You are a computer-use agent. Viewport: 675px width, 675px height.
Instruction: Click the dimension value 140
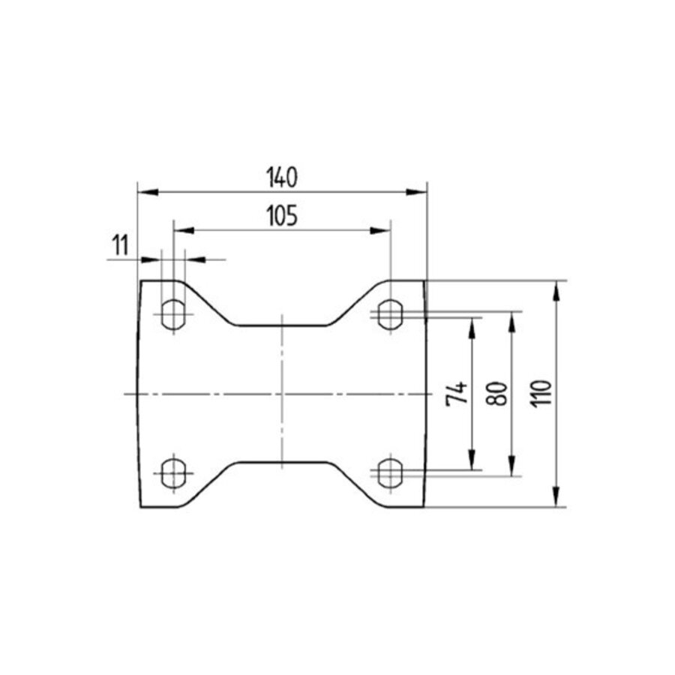tap(282, 178)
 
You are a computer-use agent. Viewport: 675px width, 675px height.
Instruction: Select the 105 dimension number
tap(282, 216)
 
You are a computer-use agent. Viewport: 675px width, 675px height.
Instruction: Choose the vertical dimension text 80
tap(498, 393)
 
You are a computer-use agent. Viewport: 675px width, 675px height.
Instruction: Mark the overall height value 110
tap(543, 393)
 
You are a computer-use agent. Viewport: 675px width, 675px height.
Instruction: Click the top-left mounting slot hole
tap(174, 313)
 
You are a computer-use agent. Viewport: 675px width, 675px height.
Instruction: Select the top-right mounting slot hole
tap(389, 313)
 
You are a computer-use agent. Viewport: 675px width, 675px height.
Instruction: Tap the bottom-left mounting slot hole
tap(174, 472)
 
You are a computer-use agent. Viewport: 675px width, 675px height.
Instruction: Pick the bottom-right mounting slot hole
tap(389, 472)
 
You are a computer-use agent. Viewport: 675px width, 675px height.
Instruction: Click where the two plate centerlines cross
tap(281, 393)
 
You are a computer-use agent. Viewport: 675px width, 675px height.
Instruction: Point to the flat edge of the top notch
tap(281, 325)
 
